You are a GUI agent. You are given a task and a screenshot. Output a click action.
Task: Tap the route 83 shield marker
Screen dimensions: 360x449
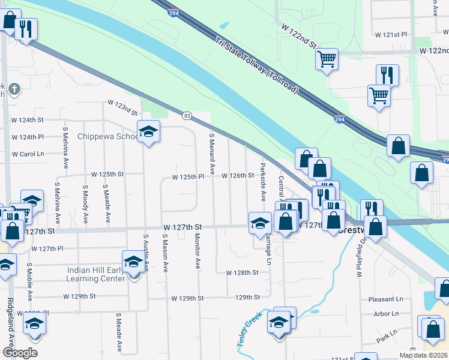coord(187,115)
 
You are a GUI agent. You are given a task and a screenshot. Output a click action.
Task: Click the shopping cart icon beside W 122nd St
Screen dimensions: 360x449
coord(327,59)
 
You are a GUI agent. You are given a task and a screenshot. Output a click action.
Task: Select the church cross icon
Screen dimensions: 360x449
coord(14,90)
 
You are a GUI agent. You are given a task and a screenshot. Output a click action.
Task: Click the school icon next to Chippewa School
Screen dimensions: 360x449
coord(148,131)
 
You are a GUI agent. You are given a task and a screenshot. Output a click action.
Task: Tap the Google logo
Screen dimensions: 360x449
coord(20,353)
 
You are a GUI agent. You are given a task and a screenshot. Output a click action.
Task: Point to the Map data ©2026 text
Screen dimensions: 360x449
coord(423,355)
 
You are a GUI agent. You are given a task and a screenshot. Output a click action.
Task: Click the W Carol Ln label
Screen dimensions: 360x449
coord(28,154)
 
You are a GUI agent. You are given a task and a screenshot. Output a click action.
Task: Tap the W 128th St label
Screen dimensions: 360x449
coord(241,272)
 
